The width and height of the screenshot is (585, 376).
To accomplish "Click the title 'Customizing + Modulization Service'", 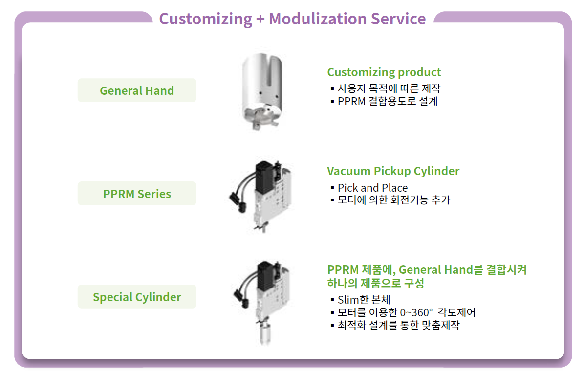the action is pyautogui.click(x=292, y=19).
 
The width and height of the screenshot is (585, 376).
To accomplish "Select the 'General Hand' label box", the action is pyautogui.click(x=137, y=90).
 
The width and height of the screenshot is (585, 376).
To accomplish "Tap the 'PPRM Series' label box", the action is pyautogui.click(x=137, y=194).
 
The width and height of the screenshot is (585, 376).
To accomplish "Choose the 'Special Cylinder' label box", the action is pyautogui.click(x=137, y=296).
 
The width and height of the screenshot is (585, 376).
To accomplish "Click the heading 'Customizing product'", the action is pyautogui.click(x=384, y=72).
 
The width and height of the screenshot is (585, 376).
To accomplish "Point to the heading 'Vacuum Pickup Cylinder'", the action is pyautogui.click(x=393, y=171).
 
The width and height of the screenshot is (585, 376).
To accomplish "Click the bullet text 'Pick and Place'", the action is pyautogui.click(x=373, y=187).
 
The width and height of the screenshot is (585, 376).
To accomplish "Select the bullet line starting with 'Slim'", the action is pyautogui.click(x=364, y=299).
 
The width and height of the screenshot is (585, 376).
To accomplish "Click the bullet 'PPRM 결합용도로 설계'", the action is pyautogui.click(x=387, y=101).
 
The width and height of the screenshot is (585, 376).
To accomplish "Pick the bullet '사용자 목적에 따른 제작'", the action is pyautogui.click(x=389, y=88).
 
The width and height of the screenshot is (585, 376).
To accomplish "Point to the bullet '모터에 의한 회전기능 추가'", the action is pyautogui.click(x=393, y=200).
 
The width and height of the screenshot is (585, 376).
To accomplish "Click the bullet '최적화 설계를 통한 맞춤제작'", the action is pyautogui.click(x=398, y=325).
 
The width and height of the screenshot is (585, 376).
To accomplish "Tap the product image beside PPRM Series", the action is pyautogui.click(x=261, y=197).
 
